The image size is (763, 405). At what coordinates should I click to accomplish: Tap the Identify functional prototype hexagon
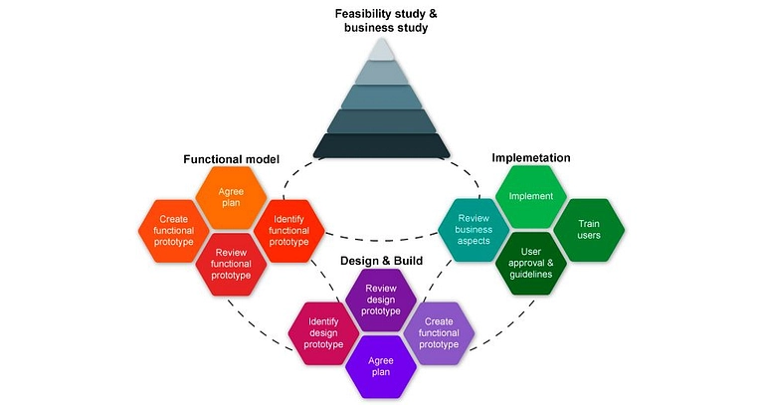(289, 230)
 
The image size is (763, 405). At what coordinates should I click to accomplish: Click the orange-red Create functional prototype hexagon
(171, 230)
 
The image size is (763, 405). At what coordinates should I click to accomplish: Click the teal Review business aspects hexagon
(474, 230)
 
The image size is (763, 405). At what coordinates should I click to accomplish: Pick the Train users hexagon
(588, 230)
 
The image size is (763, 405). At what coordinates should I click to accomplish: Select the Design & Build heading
(381, 261)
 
